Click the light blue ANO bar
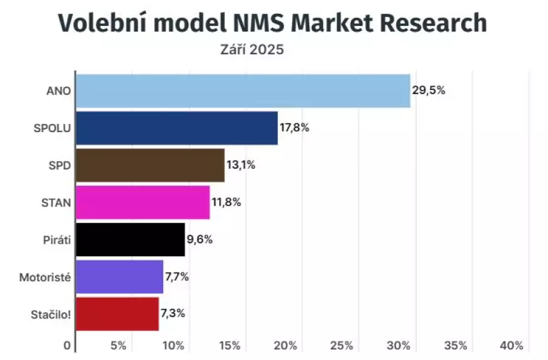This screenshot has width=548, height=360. tap(243, 91)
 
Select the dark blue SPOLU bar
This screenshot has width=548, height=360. tap(176, 128)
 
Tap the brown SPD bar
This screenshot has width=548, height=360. tap(150, 165)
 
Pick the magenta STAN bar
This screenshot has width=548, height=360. tap(142, 202)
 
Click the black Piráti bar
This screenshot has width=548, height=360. tap(130, 239)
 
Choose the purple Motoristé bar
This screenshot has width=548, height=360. tap(119, 276)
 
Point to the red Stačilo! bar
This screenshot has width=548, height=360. tap(117, 313)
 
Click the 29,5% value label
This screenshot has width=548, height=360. tap(428, 90)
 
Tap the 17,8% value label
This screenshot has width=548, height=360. tap(295, 128)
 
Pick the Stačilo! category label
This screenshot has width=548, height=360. tap(51, 313)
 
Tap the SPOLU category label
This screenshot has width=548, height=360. tap(52, 128)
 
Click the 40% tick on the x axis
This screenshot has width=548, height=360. tap(511, 346)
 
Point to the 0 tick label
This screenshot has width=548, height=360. tap(67, 346)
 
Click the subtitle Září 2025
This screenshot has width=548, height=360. tap(252, 49)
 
